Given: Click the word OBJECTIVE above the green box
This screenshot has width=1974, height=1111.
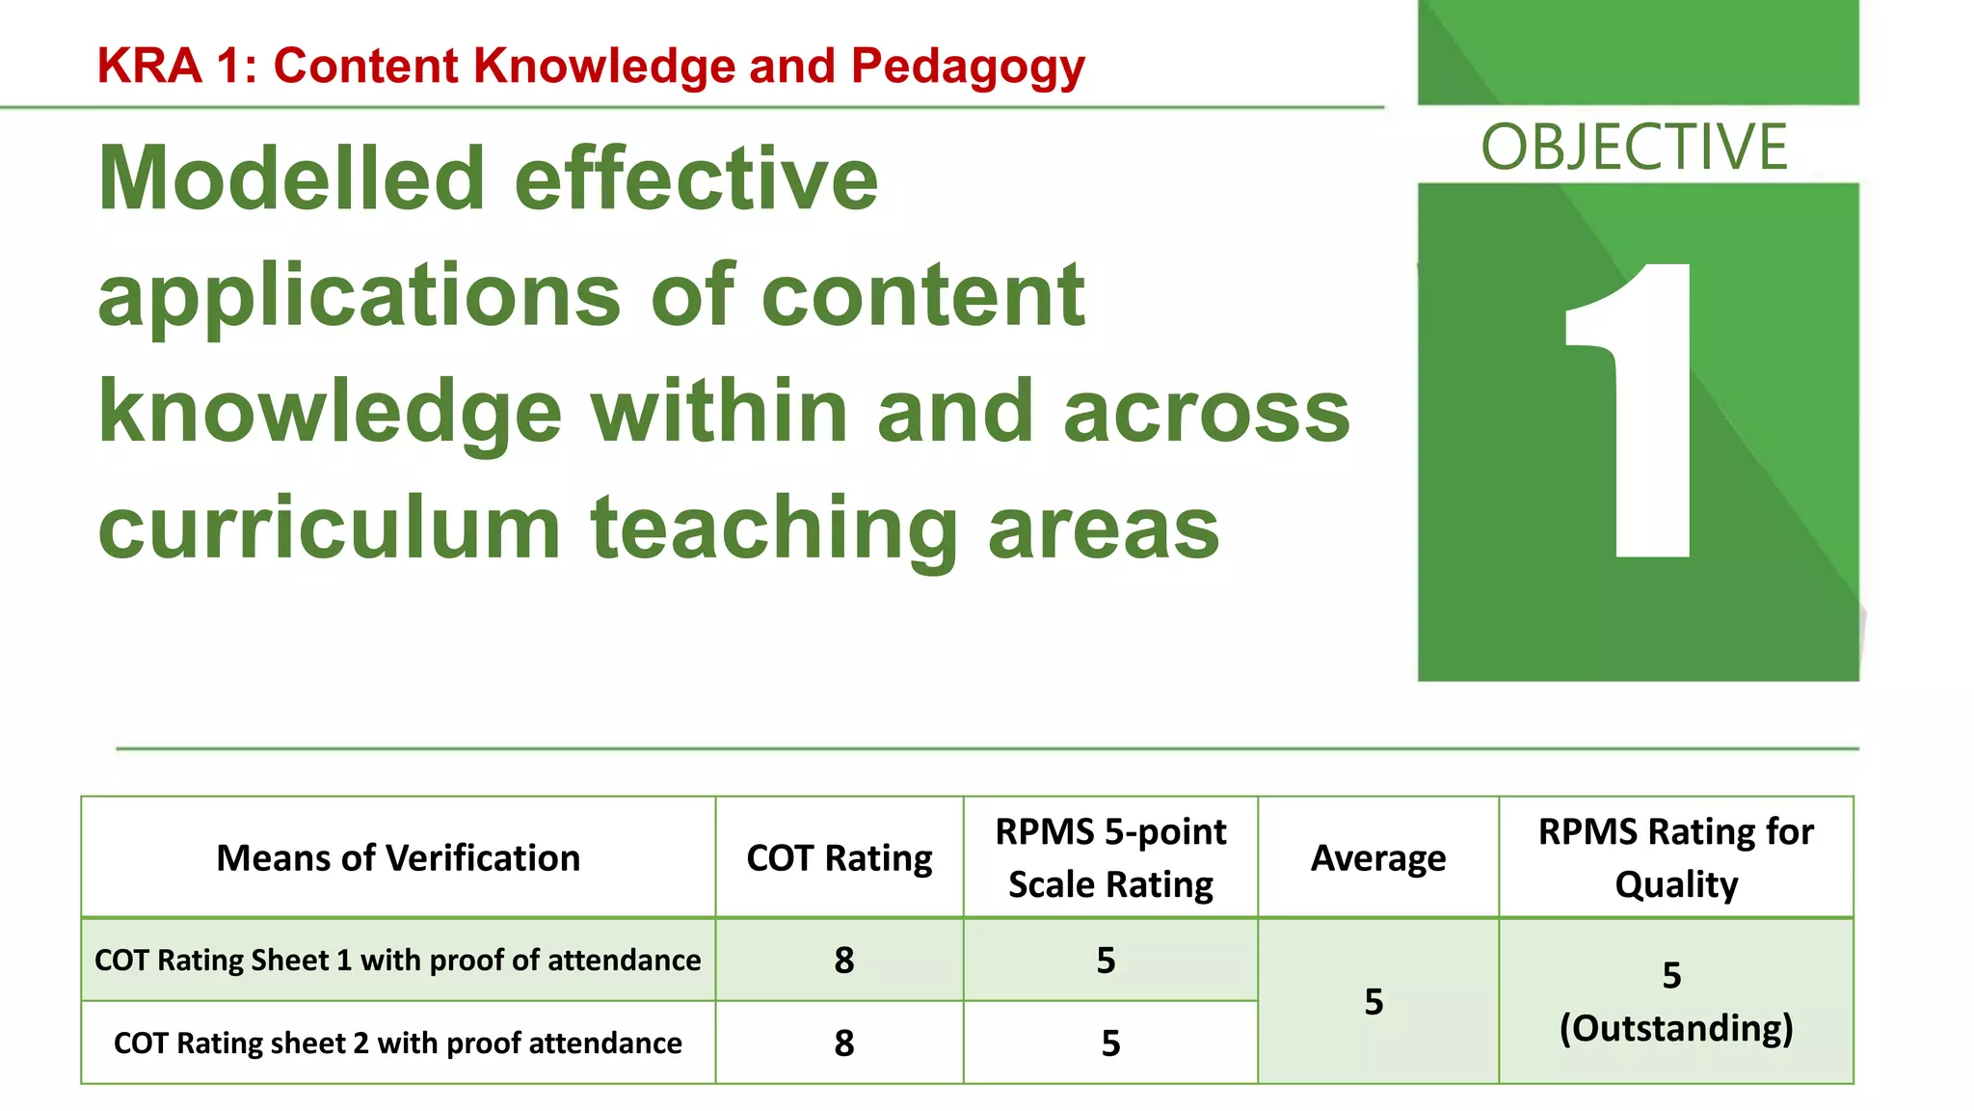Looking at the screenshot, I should click(x=1634, y=148).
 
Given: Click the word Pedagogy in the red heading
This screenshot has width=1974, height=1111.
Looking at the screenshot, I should click(x=968, y=68).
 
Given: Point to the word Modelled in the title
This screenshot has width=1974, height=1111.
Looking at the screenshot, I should click(x=291, y=179).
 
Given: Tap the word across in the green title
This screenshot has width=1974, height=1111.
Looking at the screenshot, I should click(x=1206, y=412).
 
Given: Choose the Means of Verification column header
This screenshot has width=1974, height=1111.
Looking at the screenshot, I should click(x=398, y=857).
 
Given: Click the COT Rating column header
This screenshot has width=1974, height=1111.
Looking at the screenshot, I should click(x=840, y=857).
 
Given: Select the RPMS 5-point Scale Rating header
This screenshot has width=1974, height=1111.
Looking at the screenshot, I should click(x=1110, y=857).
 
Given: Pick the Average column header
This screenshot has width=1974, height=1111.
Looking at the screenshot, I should click(x=1378, y=857).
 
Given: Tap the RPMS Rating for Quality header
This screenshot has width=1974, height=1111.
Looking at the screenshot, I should click(x=1676, y=857).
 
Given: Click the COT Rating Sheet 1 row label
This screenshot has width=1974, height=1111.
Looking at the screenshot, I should click(x=398, y=961).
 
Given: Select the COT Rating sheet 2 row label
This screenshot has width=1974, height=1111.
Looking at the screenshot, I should click(x=398, y=1043).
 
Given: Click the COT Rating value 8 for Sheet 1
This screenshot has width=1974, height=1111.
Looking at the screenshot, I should click(x=844, y=961).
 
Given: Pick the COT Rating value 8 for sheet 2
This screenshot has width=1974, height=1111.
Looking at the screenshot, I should click(x=844, y=1043).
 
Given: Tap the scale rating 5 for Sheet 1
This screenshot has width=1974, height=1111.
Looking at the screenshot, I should click(x=1107, y=961).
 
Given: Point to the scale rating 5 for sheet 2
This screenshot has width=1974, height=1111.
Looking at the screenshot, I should click(x=1110, y=1043).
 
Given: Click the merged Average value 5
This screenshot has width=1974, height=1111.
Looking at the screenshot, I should click(x=1374, y=1002).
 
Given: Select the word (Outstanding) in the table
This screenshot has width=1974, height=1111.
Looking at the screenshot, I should click(x=1676, y=1028).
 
